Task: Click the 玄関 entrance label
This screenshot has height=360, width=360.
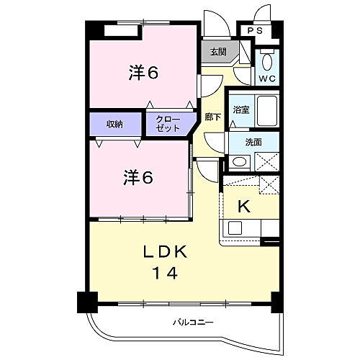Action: tap(218, 52)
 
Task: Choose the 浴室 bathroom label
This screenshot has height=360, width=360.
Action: tap(240, 109)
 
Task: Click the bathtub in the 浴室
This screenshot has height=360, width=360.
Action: tap(267, 109)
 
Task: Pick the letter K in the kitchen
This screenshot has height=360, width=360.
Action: tap(243, 207)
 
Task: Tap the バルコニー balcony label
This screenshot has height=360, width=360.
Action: tap(192, 322)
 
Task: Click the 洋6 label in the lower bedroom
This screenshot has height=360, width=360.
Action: tap(138, 177)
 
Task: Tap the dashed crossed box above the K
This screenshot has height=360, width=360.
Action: tap(267, 184)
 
